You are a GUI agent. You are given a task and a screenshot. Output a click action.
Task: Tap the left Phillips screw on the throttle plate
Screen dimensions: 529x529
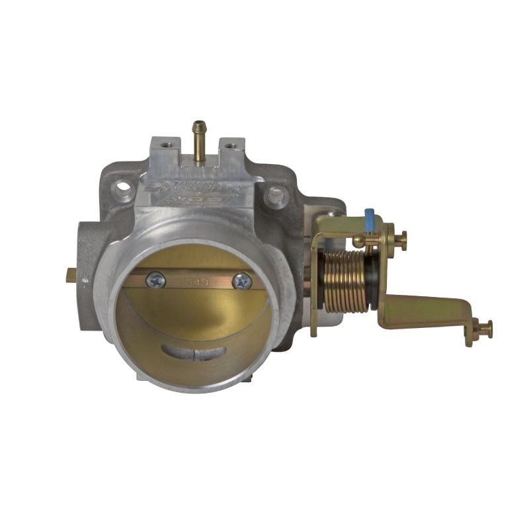click(x=155, y=280)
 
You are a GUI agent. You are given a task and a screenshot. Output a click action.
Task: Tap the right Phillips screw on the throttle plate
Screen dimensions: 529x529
click(x=243, y=281)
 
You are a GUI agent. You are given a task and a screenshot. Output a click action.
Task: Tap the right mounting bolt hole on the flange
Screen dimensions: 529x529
click(x=275, y=195)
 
